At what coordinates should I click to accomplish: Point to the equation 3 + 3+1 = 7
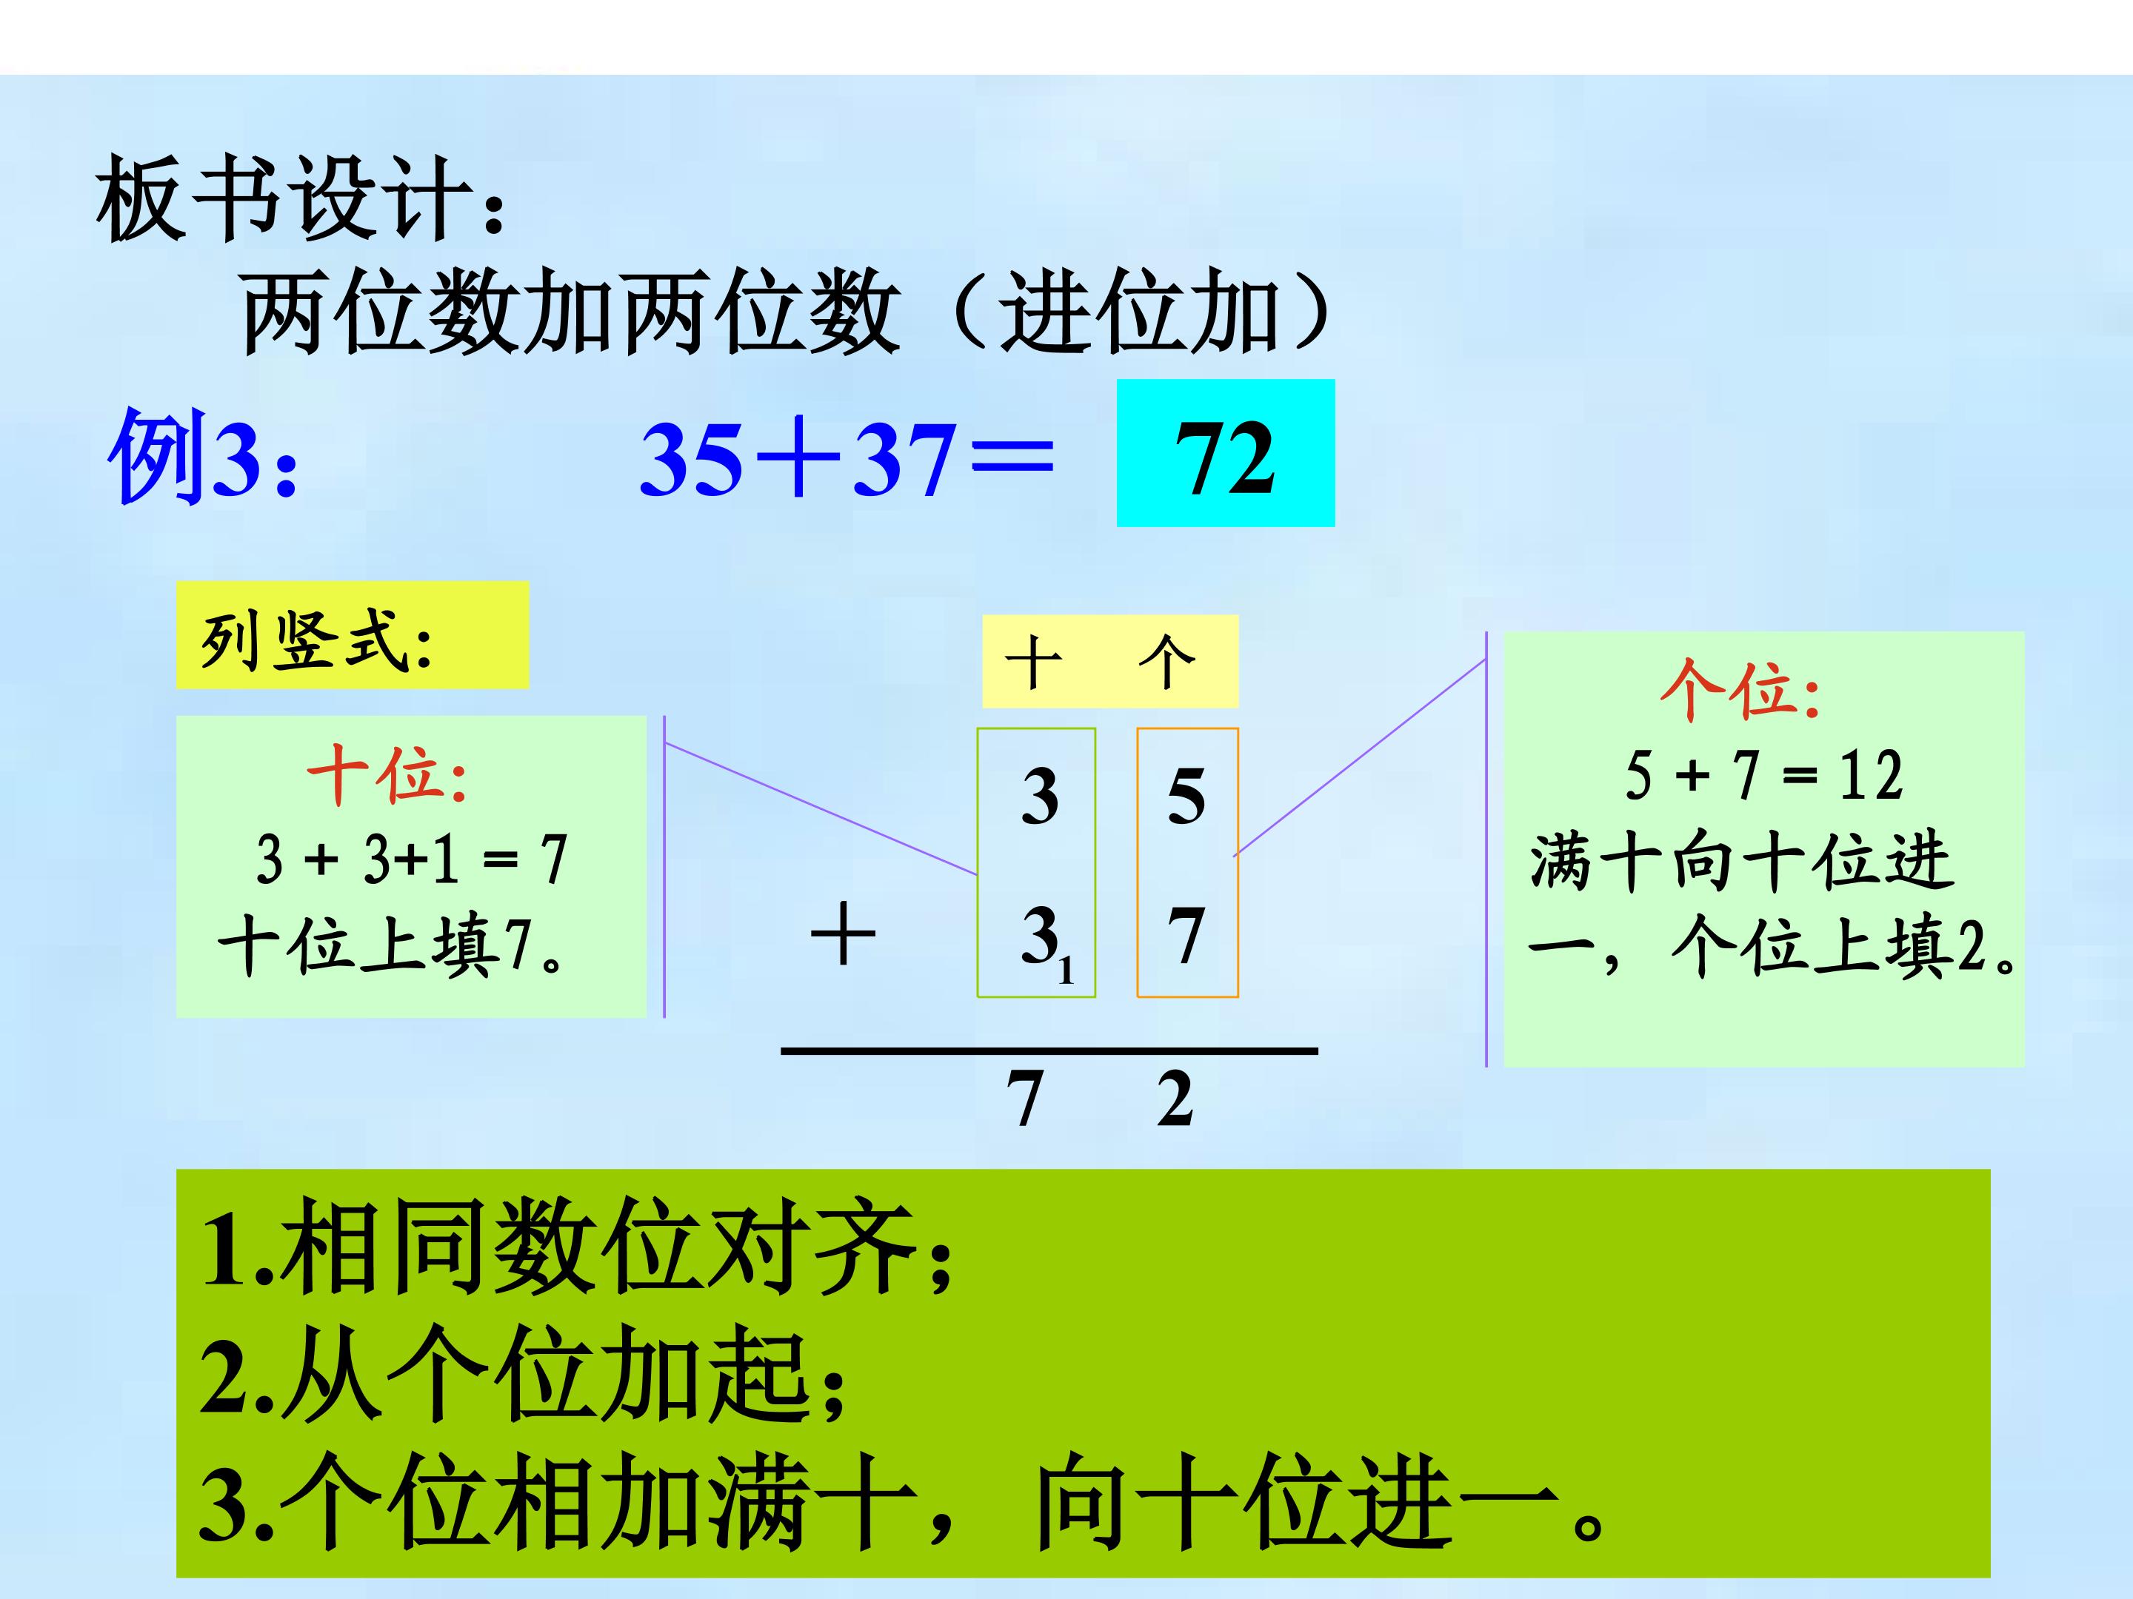pos(412,859)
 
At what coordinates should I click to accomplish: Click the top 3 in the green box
pos(1040,796)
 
